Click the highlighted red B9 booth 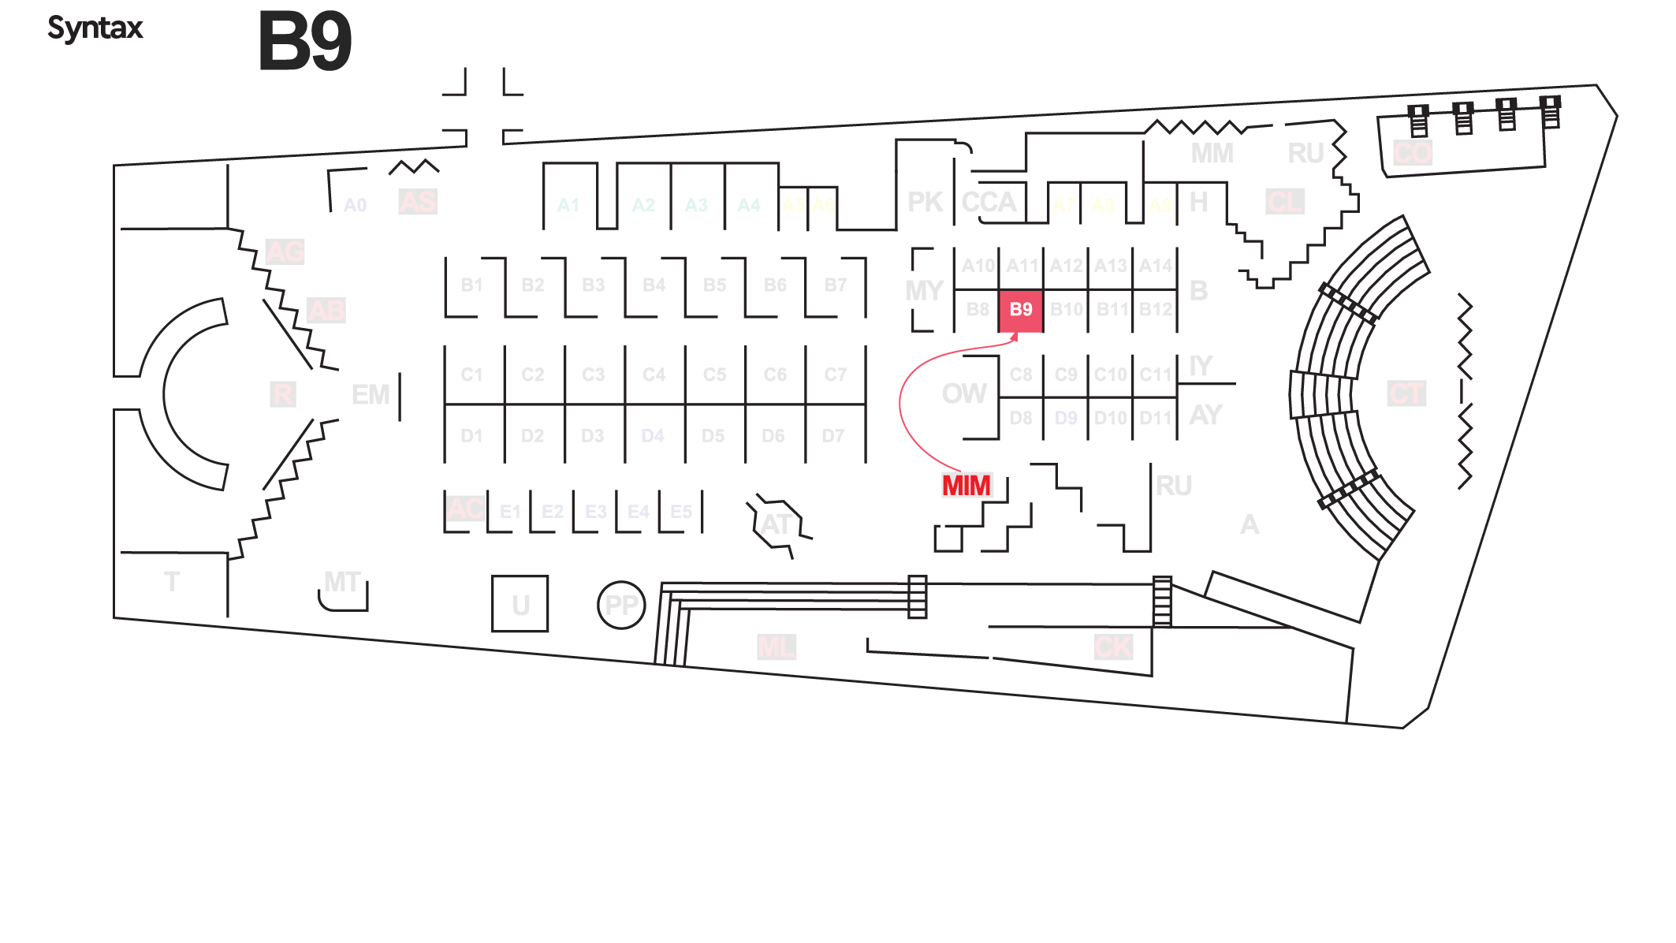tap(1021, 310)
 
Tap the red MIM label tap(966, 486)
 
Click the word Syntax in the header tap(95, 28)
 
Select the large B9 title tap(305, 42)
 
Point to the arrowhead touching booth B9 tap(1015, 337)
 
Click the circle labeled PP tap(621, 605)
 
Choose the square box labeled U tap(520, 604)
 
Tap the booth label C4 tap(654, 375)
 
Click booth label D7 tap(833, 436)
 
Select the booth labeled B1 tap(471, 285)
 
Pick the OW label tap(963, 393)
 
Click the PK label tap(925, 203)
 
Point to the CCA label tap(989, 203)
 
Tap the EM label tap(371, 394)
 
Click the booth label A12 tap(1066, 266)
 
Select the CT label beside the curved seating tap(1406, 393)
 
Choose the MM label tap(1212, 153)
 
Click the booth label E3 tap(595, 512)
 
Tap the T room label tap(172, 582)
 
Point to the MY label tap(924, 291)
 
